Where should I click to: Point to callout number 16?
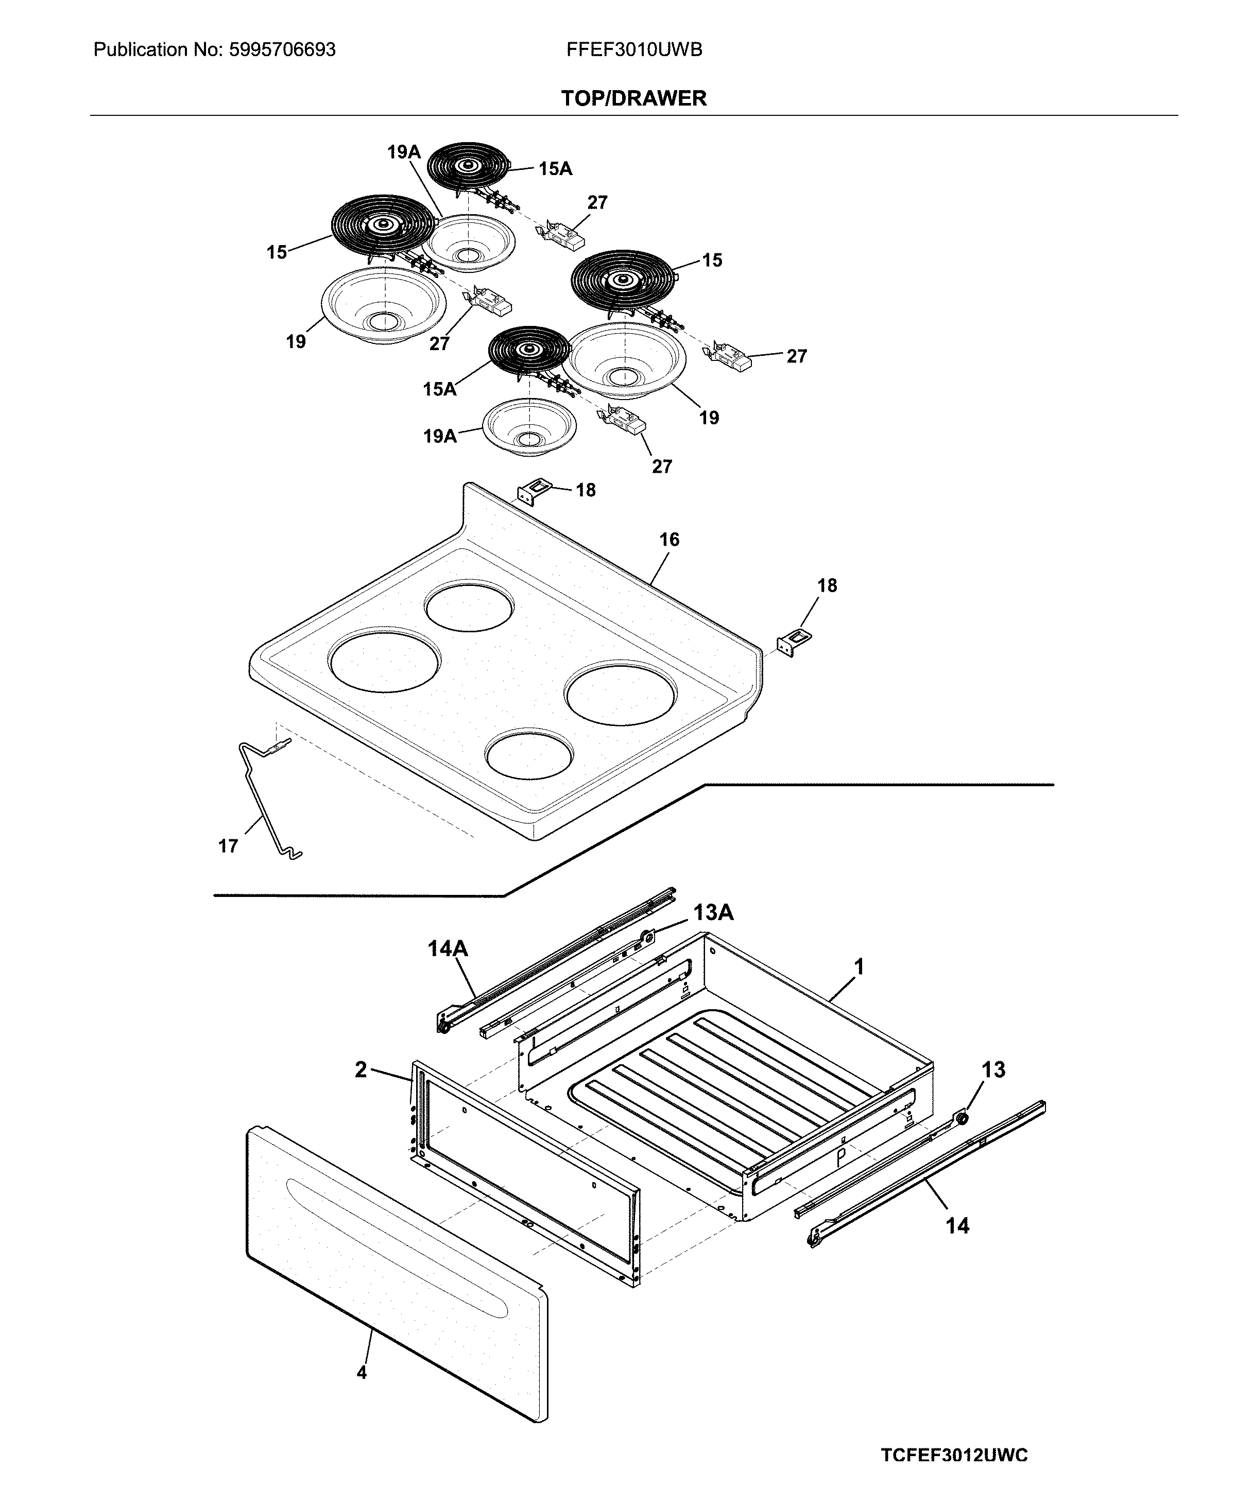pyautogui.click(x=669, y=540)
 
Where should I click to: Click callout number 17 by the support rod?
pyautogui.click(x=228, y=846)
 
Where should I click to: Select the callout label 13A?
pyautogui.click(x=713, y=912)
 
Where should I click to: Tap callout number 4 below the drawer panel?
pyautogui.click(x=362, y=1372)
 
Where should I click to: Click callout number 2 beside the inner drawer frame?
pyautogui.click(x=361, y=1070)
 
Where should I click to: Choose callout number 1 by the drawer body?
pyautogui.click(x=859, y=967)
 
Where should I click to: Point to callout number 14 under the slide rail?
pyautogui.click(x=957, y=1225)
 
